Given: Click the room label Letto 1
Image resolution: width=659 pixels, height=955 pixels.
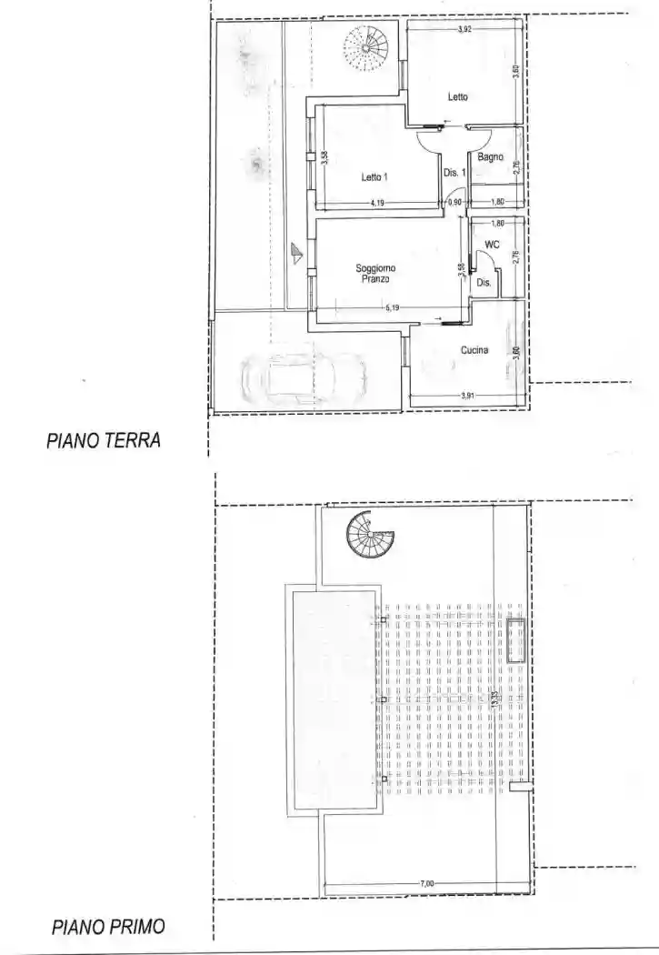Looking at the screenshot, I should [x=372, y=177].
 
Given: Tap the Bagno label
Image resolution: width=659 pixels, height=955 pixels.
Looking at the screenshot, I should [x=490, y=157].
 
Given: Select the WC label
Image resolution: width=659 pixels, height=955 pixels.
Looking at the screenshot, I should [x=492, y=245].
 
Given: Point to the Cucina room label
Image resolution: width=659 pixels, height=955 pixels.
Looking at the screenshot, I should [x=474, y=350].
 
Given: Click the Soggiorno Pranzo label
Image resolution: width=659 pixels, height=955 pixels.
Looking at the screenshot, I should [x=374, y=274].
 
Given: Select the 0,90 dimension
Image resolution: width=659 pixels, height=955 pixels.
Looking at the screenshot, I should [x=454, y=203].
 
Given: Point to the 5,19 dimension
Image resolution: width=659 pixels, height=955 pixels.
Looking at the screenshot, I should [x=393, y=308].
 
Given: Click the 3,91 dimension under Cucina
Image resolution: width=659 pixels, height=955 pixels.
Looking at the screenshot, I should [x=467, y=395].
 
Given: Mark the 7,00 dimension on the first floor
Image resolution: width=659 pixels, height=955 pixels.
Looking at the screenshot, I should [x=426, y=883].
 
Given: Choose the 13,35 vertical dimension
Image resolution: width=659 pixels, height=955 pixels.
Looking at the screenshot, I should [x=495, y=699].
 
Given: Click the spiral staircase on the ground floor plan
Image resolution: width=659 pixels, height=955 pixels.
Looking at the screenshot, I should [x=366, y=44].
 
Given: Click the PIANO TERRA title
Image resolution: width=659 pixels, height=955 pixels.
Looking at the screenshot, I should [x=103, y=441].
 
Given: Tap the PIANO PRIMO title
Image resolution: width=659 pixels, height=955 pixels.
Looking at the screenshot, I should [x=108, y=927].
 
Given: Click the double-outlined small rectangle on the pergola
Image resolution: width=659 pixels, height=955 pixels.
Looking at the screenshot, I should [x=517, y=640].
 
